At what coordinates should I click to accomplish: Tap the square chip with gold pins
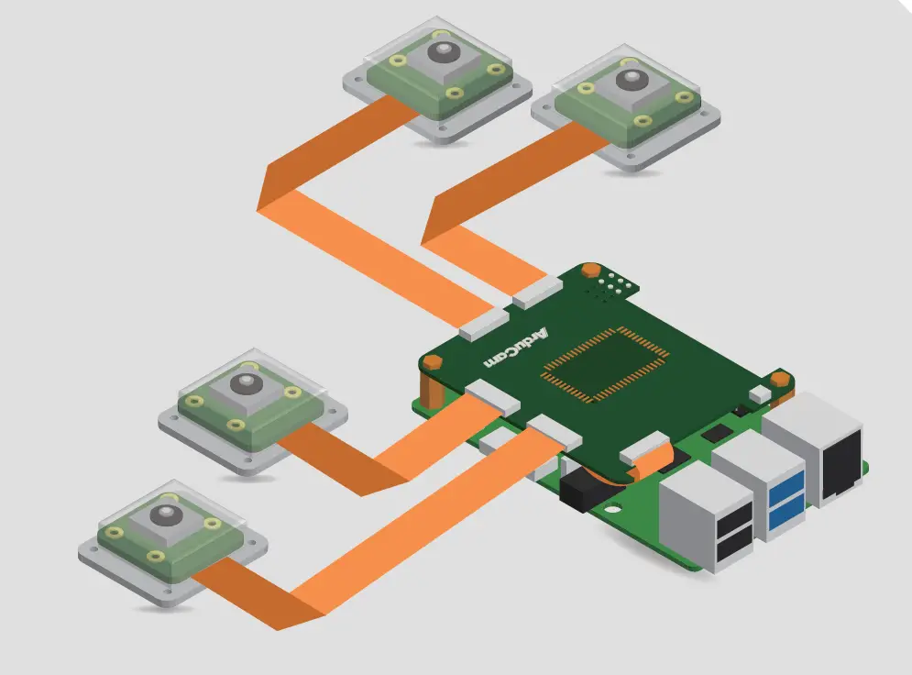tap(601, 365)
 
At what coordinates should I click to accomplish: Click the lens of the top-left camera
tap(443, 50)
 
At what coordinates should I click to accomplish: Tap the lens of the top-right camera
tap(630, 80)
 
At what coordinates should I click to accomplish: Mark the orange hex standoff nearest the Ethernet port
tap(779, 379)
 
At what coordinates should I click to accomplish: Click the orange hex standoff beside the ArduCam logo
tap(433, 365)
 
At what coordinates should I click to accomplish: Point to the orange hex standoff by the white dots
tap(591, 271)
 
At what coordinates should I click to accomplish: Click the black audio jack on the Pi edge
tap(578, 494)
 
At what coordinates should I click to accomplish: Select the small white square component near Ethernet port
tap(760, 393)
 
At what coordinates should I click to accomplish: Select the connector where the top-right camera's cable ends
tap(537, 292)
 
